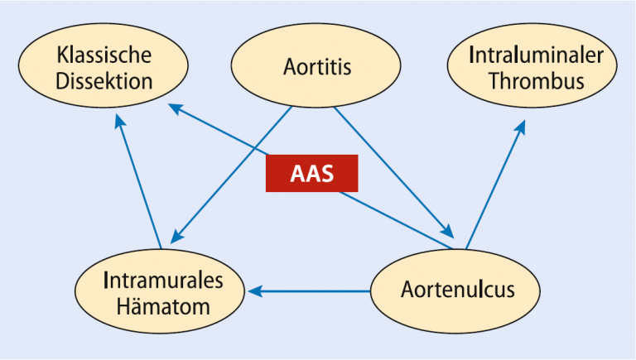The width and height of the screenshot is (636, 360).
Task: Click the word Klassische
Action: tap(104, 55)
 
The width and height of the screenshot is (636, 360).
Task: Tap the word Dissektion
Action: tap(104, 81)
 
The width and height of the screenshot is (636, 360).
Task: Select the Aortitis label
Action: tap(317, 66)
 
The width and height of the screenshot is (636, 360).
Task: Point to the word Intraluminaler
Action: tap(537, 55)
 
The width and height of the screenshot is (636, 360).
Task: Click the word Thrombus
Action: tap(537, 80)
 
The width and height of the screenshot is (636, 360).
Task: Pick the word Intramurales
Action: tap(163, 280)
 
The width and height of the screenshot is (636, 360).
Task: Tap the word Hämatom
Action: tap(163, 306)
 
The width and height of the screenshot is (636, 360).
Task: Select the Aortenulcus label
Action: tap(457, 290)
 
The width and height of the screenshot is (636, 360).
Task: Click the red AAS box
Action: tap(312, 173)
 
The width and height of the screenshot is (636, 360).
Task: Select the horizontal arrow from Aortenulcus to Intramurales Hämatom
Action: tap(309, 291)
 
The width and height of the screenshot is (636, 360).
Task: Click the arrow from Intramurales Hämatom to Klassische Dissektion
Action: tap(138, 181)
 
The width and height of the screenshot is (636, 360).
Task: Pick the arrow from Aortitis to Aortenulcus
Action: tap(393, 172)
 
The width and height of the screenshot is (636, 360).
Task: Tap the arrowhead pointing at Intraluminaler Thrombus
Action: tap(520, 127)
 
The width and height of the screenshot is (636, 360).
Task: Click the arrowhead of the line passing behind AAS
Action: tap(176, 108)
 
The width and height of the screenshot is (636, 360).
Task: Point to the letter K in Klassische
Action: tap(61, 55)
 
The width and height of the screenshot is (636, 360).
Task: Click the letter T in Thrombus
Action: tap(494, 80)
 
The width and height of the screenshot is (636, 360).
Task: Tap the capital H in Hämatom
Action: tap(123, 306)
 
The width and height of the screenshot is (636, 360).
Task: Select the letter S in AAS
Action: tap(327, 174)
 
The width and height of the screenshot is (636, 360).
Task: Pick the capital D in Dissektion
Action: tap(62, 81)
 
